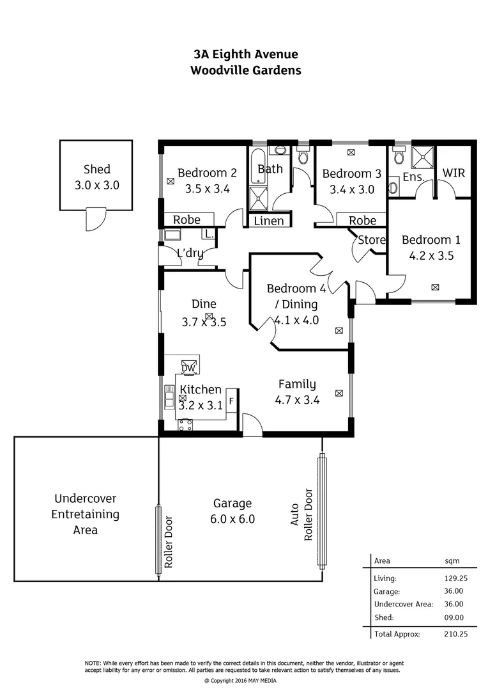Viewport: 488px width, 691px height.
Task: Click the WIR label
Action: (453, 173)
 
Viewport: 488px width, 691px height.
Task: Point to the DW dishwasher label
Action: (188, 368)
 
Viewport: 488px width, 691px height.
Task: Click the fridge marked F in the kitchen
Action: (231, 401)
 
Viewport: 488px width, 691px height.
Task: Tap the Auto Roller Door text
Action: (301, 515)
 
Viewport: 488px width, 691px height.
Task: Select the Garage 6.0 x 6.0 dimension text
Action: (233, 519)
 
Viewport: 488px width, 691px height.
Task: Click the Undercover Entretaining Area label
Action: (86, 514)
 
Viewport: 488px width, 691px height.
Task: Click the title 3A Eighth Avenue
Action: (246, 55)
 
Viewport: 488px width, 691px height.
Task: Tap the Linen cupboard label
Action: (269, 221)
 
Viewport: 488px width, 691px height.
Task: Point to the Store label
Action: (372, 240)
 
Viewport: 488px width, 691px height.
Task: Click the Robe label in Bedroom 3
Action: (363, 220)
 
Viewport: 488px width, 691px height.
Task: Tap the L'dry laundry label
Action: (190, 253)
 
